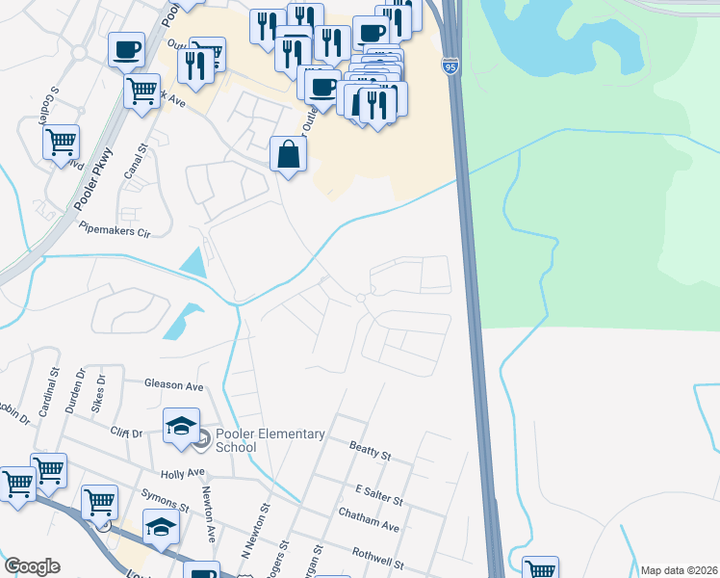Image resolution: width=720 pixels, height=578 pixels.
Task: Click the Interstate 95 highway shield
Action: pos(450,66)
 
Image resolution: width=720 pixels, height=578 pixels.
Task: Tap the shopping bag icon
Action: pos(289,154)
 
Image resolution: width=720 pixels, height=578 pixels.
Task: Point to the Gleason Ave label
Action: pos(174,385)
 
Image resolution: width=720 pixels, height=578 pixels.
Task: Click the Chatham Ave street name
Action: pos(369,520)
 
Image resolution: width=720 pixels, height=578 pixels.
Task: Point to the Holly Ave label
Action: pos(183,473)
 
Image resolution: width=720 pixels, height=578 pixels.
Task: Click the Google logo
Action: pos(32,566)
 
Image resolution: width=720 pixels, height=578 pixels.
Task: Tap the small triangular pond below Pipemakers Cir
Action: pos(195,261)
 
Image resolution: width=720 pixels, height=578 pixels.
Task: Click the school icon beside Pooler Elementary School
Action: pos(180,428)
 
